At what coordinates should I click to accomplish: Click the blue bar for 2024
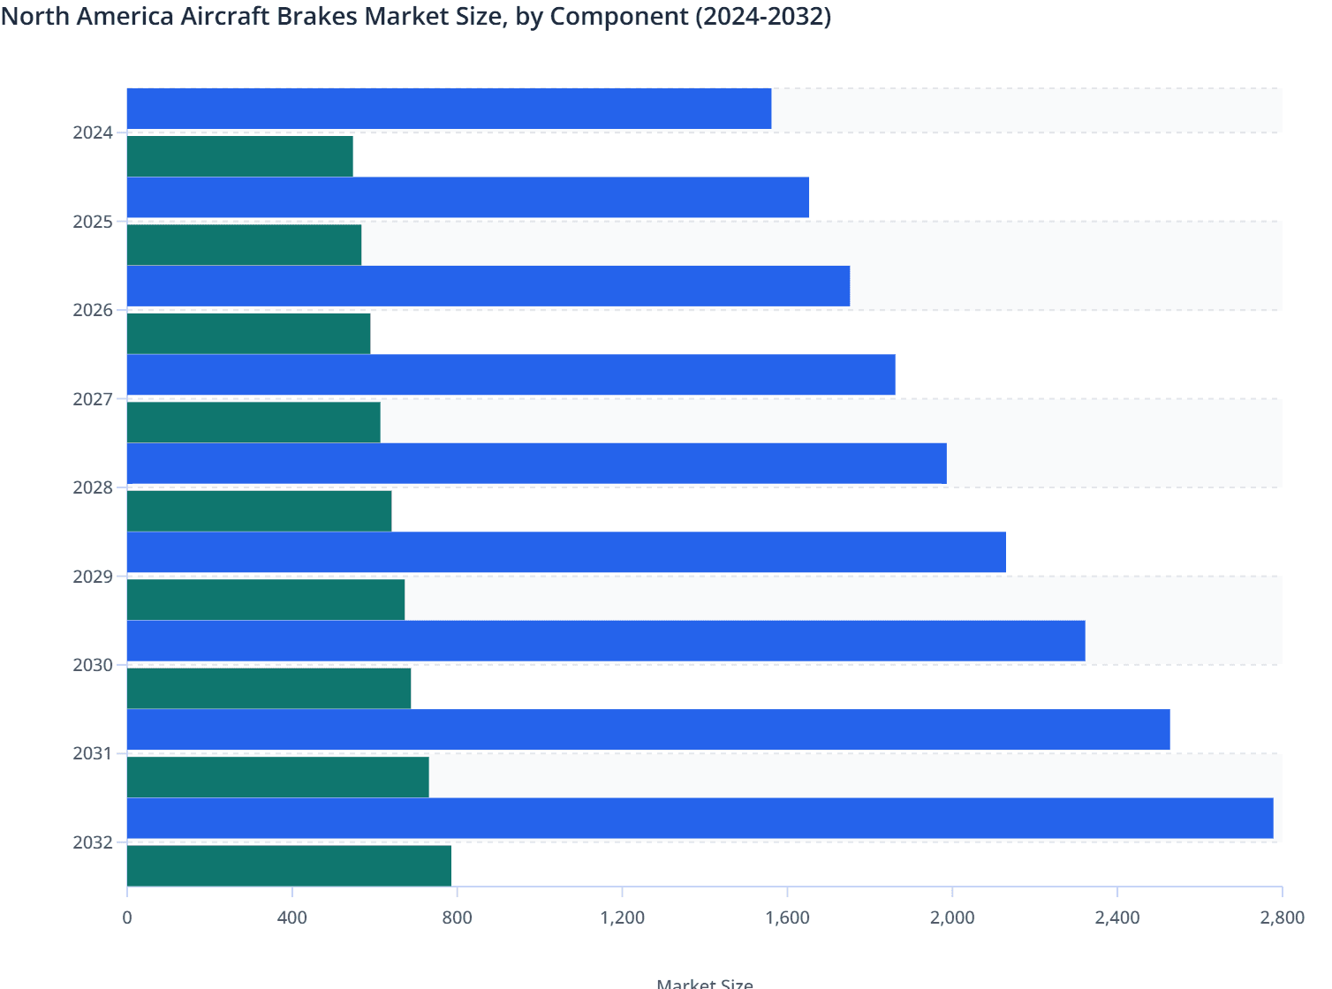point(449,109)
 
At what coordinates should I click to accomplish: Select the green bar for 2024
point(239,156)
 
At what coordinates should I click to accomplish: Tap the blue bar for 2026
point(488,286)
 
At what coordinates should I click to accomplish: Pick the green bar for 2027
point(254,422)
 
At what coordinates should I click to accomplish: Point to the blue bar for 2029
point(566,552)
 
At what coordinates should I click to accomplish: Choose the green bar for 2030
point(269,688)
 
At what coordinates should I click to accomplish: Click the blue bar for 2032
point(700,818)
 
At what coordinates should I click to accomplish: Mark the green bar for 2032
point(289,865)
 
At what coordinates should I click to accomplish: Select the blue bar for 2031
point(648,729)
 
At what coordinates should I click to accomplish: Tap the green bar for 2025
point(244,245)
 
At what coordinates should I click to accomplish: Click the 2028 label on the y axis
point(93,488)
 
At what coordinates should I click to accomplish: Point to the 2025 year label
point(93,222)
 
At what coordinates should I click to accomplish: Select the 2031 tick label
point(93,754)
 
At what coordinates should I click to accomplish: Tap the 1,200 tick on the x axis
point(622,918)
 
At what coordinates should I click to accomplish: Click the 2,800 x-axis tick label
point(1282,918)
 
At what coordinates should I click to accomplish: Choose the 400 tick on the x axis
point(291,918)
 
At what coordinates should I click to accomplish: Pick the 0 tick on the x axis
point(127,918)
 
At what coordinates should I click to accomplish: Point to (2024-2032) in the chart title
point(762,17)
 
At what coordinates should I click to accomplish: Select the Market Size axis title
point(705,983)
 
